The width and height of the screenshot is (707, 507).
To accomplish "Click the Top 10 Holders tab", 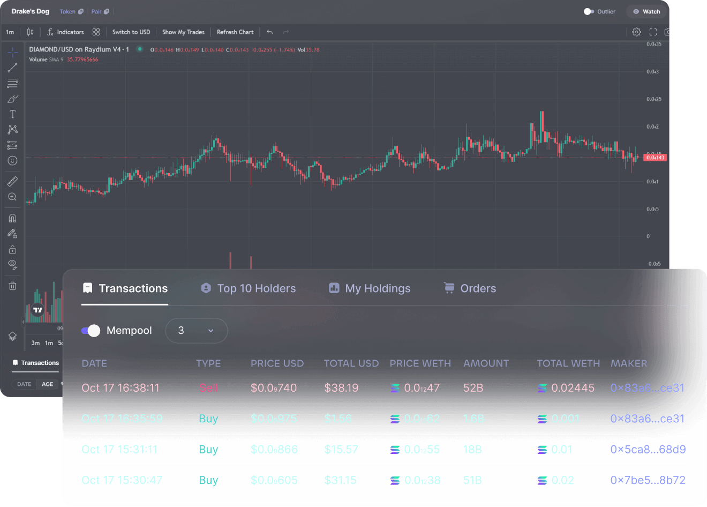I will (x=249, y=288).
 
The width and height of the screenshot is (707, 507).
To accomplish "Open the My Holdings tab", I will (x=370, y=288).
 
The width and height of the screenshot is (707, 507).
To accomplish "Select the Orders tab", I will (x=470, y=288).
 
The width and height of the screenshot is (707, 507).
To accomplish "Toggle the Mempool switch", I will (x=91, y=331).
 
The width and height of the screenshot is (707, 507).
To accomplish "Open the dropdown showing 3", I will (x=196, y=331).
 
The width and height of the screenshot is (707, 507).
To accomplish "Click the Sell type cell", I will (x=208, y=388).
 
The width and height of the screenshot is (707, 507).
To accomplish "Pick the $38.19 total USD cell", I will (x=341, y=388).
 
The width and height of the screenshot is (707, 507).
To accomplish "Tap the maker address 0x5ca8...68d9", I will (x=648, y=450).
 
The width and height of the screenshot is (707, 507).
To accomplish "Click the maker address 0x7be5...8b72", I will (x=648, y=480).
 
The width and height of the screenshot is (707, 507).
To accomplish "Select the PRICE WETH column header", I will (x=420, y=363).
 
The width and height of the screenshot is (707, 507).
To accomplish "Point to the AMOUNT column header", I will (x=486, y=363).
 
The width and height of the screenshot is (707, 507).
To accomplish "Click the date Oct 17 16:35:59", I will (x=122, y=419).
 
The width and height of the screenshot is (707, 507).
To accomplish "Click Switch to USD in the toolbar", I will (x=131, y=32).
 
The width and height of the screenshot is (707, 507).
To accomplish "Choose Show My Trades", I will (x=183, y=32).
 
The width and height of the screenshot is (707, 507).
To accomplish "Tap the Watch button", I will (x=646, y=12).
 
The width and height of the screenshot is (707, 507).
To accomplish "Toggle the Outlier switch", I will (x=589, y=12).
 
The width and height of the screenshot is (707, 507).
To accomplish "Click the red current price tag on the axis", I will (x=655, y=158).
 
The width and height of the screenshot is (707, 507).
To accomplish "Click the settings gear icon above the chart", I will (x=636, y=32).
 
